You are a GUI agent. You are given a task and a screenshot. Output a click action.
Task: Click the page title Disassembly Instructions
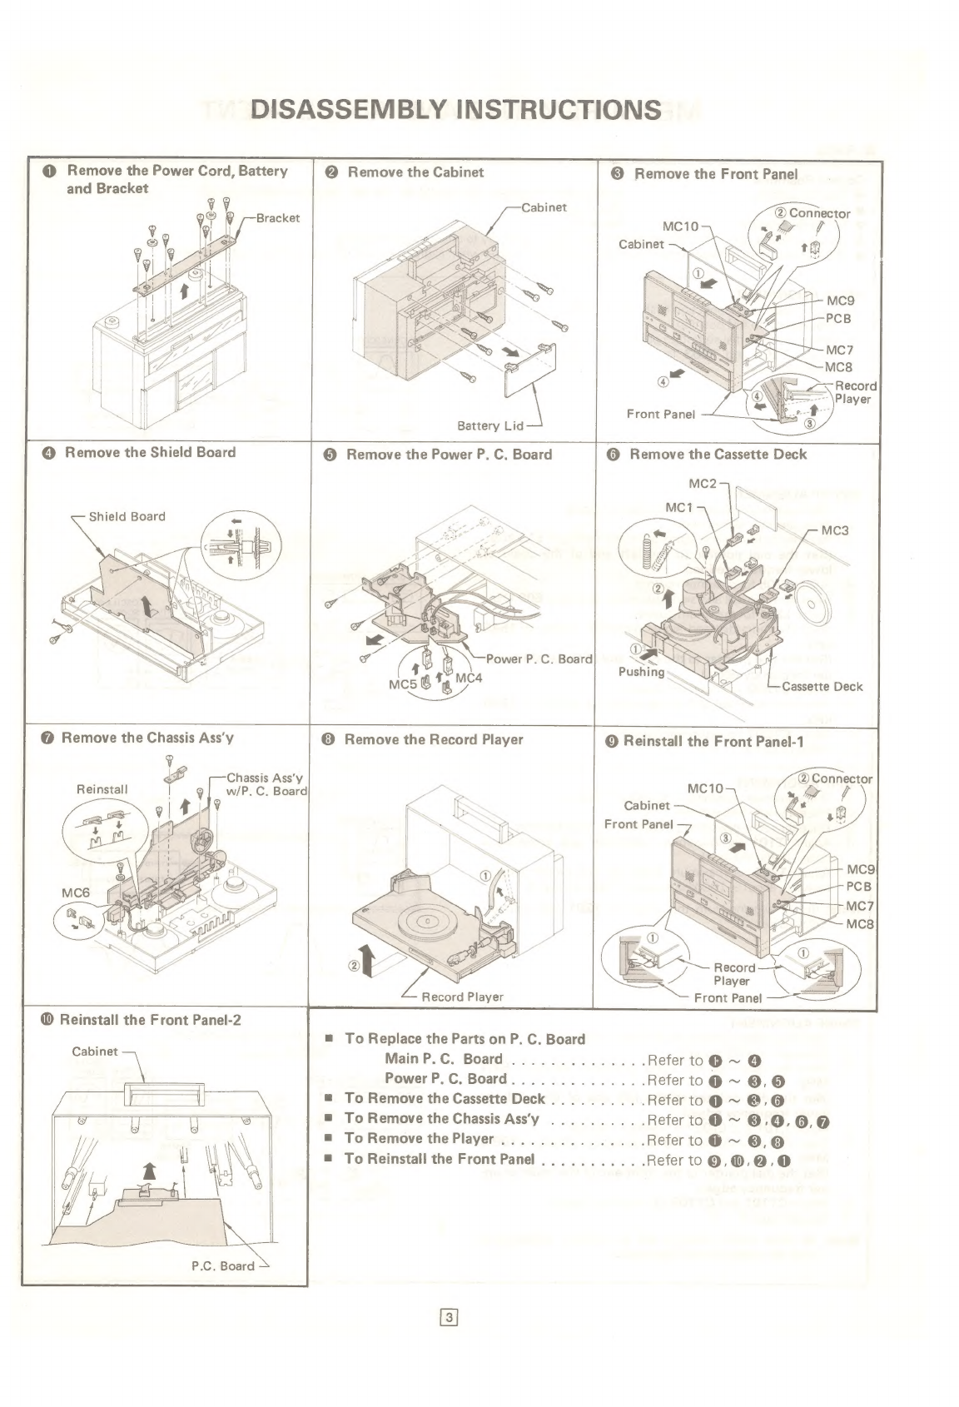click(456, 109)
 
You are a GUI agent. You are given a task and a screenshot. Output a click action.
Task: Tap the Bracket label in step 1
click(277, 218)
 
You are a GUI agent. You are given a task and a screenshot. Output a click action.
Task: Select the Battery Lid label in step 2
click(489, 426)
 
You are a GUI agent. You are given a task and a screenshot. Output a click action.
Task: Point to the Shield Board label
click(127, 516)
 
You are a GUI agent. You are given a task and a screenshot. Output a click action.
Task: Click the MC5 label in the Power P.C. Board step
click(403, 684)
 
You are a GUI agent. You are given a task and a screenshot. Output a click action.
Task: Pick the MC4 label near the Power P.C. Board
click(469, 678)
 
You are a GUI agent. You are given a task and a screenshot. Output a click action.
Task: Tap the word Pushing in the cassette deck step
click(641, 672)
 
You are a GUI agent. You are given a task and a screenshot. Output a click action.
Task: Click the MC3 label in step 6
click(835, 531)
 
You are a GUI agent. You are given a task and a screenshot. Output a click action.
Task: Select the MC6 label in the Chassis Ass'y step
click(76, 892)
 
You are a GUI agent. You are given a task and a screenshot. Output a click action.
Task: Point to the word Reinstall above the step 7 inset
click(102, 789)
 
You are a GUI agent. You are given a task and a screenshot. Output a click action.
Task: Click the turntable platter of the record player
click(425, 922)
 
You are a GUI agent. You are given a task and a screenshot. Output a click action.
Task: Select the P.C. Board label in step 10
click(223, 1265)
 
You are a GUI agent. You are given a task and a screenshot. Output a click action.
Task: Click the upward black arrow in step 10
click(149, 1173)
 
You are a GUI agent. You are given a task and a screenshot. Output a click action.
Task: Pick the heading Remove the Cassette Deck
click(718, 454)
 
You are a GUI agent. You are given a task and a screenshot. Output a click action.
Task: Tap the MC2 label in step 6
click(702, 483)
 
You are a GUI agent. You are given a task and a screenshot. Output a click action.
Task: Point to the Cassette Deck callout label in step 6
click(822, 687)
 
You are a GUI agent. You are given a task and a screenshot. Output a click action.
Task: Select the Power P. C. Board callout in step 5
click(539, 659)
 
